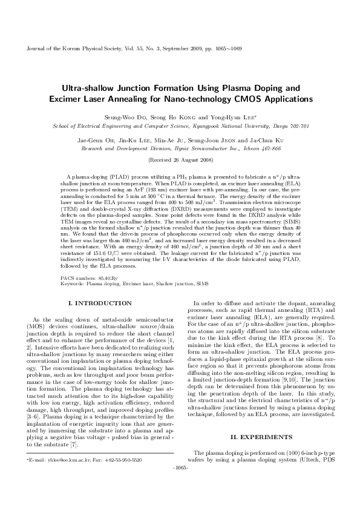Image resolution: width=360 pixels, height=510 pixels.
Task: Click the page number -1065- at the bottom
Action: pyautogui.click(x=180, y=485)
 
